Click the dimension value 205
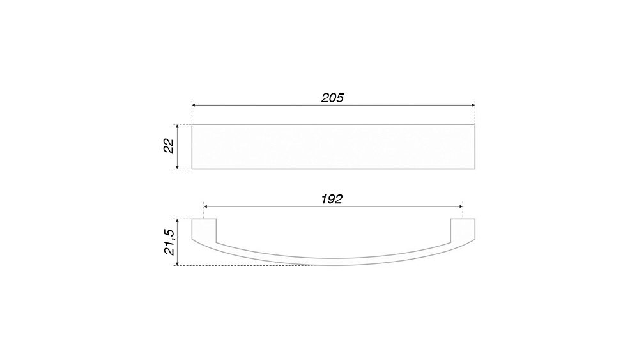click(x=332, y=98)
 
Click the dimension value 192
click(x=332, y=200)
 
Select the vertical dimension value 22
click(x=169, y=146)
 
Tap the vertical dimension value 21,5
click(x=169, y=242)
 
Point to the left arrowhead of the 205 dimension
click(x=194, y=106)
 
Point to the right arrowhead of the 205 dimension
click(x=473, y=106)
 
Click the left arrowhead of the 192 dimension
click(x=206, y=207)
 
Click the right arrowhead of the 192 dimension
click(x=461, y=207)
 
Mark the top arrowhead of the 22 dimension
click(x=177, y=127)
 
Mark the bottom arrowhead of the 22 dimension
click(x=177, y=166)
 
